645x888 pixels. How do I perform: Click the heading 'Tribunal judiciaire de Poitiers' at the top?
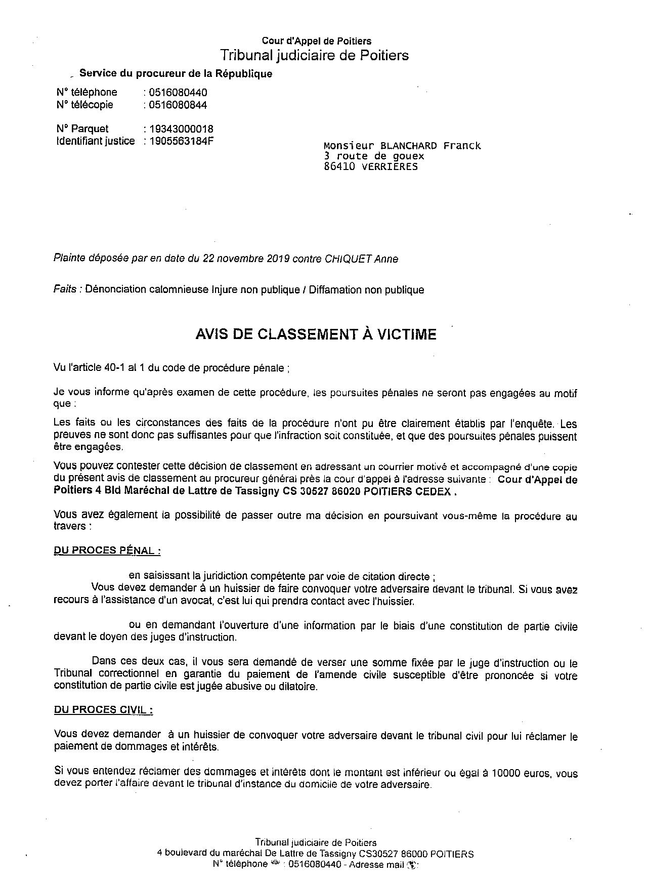tap(314, 55)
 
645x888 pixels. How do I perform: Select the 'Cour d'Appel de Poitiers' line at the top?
tap(316, 41)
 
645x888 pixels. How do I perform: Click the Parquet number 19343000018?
tap(181, 129)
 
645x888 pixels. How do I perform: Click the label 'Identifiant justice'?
tap(96, 141)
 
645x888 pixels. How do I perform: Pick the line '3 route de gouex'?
tap(374, 156)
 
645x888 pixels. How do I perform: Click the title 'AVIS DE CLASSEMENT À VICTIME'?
tap(316, 334)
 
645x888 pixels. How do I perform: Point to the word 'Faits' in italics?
tap(65, 290)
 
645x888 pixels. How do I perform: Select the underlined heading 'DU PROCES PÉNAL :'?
tap(107, 551)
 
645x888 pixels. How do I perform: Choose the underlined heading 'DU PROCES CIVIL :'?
tap(103, 710)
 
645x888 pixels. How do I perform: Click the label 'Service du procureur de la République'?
tap(176, 74)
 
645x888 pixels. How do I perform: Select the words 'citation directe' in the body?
tap(397, 576)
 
